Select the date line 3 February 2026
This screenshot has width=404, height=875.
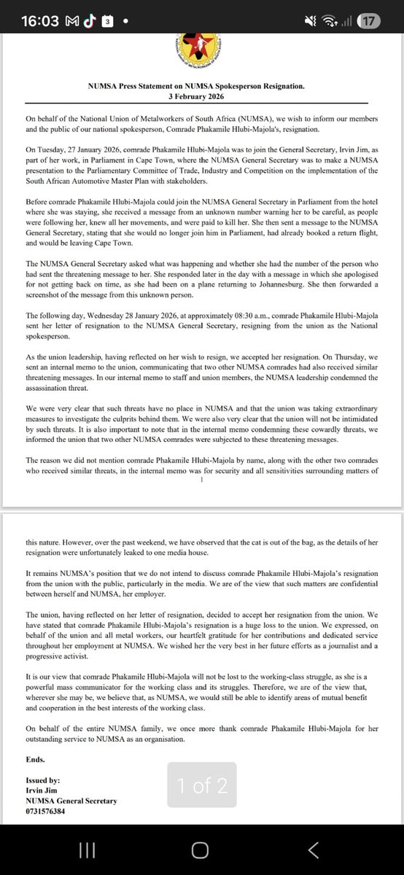tap(202, 96)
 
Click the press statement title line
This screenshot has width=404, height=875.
tap(202, 86)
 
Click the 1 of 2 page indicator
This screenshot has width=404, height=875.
tap(202, 785)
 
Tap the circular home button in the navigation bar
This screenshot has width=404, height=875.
tap(200, 850)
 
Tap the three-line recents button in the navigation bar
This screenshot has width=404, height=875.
tap(87, 850)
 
